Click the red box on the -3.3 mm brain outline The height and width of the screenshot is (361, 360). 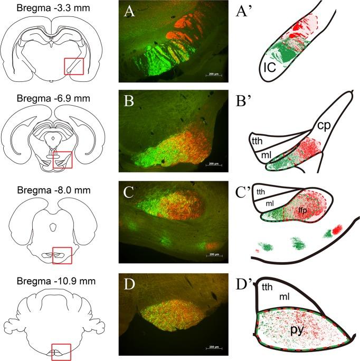point(73,66)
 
